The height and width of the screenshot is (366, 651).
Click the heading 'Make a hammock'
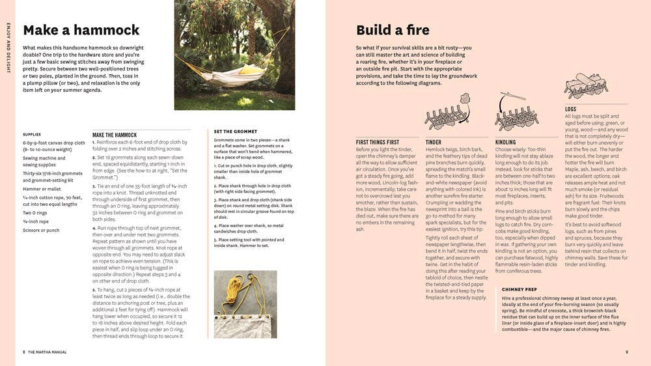click(x=81, y=30)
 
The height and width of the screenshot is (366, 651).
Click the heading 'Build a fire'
click(x=393, y=30)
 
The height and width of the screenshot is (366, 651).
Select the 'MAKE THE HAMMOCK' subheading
click(x=115, y=135)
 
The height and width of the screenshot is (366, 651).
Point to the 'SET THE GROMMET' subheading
click(x=235, y=132)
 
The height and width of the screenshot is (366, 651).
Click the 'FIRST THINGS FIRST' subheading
click(x=378, y=142)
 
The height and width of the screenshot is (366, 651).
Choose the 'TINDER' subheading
click(x=434, y=142)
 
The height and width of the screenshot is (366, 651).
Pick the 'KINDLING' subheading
click(x=506, y=142)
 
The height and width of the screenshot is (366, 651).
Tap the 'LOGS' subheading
click(x=570, y=109)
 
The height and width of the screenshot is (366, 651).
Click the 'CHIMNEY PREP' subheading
click(x=519, y=289)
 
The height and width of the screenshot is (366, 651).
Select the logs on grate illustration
click(x=586, y=85)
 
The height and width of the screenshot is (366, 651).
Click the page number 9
click(x=626, y=352)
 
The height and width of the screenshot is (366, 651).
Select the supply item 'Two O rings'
click(x=35, y=212)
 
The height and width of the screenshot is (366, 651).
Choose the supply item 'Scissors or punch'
click(x=41, y=230)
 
